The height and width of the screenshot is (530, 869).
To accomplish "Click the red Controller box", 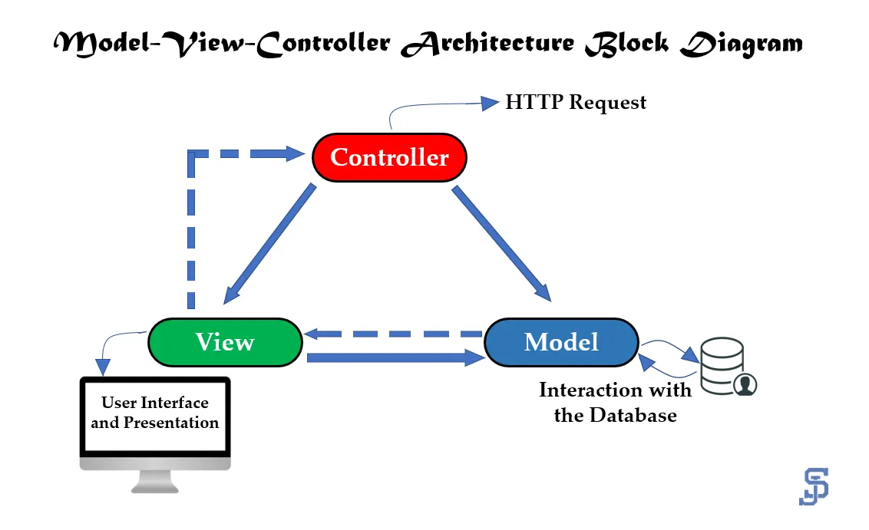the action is point(390,157).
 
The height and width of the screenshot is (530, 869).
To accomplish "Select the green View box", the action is point(225,342).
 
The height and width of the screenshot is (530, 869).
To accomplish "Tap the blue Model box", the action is point(561,342).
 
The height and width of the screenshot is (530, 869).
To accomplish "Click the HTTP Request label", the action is point(576,103).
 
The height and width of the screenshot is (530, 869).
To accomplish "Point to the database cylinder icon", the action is point(722,366).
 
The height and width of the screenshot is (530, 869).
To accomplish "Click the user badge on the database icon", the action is point(745,384).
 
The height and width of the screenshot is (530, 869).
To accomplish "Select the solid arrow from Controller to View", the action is point(269,244).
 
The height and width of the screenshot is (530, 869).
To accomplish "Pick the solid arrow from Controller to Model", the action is point(501,244).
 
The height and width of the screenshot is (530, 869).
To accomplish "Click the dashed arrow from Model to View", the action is point(393,334).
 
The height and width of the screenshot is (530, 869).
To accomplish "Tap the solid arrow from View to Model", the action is point(395,357).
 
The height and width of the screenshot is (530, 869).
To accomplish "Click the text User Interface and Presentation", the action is point(155,413).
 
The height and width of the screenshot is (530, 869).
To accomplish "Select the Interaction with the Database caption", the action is point(615,403).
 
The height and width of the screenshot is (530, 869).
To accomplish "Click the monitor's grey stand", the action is point(155,481).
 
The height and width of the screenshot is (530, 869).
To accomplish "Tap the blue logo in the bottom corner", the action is point(814,486).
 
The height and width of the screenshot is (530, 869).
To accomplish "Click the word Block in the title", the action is point(627,43).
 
